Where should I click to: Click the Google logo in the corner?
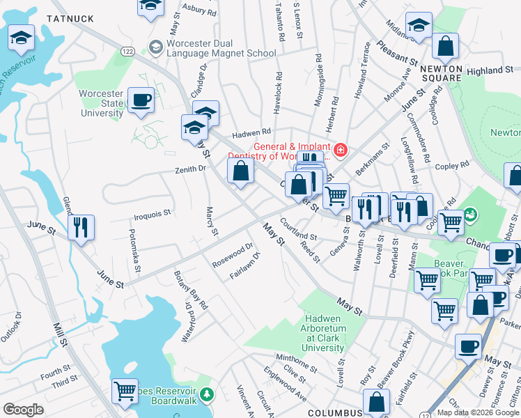[23, 410]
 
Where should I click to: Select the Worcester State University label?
[101, 103]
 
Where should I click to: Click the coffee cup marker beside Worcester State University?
[141, 101]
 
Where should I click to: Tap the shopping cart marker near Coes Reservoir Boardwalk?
[125, 391]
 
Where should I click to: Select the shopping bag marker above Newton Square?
[445, 47]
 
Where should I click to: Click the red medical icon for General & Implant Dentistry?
[341, 150]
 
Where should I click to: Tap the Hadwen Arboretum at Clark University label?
[333, 323]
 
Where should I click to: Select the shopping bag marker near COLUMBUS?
[376, 403]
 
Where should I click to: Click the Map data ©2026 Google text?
[477, 412]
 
